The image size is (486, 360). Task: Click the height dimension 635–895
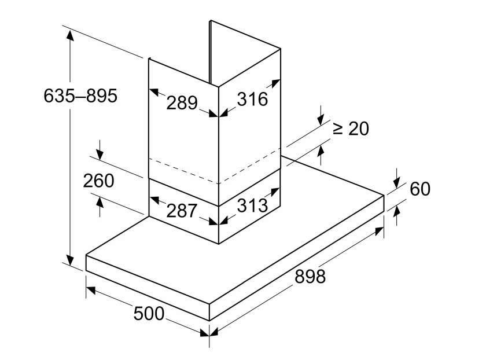pos(80,95)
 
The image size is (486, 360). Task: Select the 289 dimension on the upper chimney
pos(182,102)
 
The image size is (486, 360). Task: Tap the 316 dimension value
pos(252,99)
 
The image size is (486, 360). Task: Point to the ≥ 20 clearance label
pos(351,128)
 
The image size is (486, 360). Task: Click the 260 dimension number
pos(98,181)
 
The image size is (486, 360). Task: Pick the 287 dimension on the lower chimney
pos(182,211)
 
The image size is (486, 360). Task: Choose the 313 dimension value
pos(252,205)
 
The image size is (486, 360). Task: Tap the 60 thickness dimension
pos(420,189)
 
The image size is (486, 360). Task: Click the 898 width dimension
pos(310,276)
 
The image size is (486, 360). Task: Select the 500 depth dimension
pos(149,314)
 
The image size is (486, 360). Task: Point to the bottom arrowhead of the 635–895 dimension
pos(71,260)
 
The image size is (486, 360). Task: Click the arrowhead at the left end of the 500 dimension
pos(91,290)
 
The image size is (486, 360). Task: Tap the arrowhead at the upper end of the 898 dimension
pos(379,231)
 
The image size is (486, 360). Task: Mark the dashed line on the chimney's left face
pos(183,171)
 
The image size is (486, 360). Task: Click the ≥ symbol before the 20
pos(338,128)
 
